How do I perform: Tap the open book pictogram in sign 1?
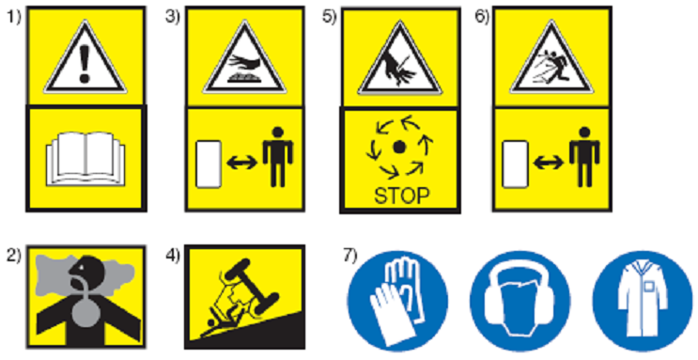click(85, 158)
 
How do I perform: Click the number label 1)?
click(13, 17)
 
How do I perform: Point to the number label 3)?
click(172, 17)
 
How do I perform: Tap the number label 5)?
click(330, 17)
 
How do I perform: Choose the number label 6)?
click(482, 17)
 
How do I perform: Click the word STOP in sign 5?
click(402, 196)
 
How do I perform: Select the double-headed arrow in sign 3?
click(242, 164)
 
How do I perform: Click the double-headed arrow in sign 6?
click(549, 164)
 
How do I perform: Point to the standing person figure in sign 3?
click(278, 157)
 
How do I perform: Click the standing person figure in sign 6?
click(584, 157)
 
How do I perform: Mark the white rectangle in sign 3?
click(209, 164)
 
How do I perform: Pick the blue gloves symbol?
click(397, 301)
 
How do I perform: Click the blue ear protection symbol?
click(520, 301)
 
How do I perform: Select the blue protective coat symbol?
click(643, 301)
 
